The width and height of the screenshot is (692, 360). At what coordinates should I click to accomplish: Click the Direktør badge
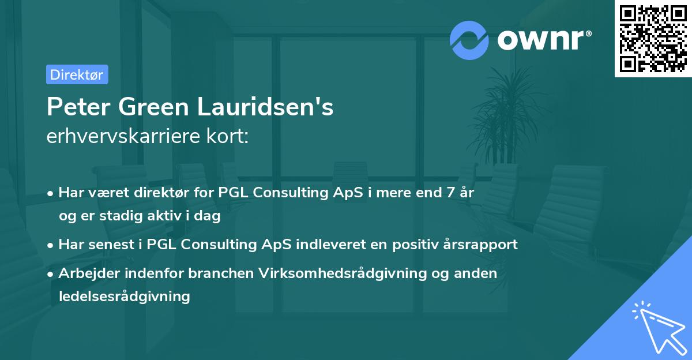tap(76, 74)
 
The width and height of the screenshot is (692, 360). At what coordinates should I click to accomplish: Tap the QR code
tap(653, 39)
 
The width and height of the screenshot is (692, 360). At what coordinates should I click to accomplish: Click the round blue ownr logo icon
tap(470, 40)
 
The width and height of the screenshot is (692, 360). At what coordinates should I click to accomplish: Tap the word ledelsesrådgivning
tap(124, 297)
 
